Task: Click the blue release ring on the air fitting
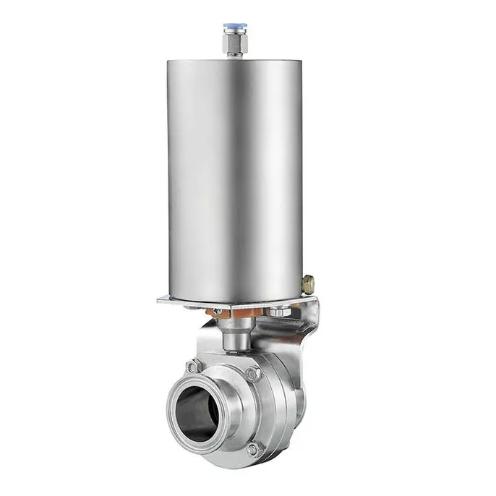[x=236, y=29]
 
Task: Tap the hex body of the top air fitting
[x=236, y=43]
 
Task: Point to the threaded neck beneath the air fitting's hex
[x=236, y=55]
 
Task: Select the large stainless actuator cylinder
[x=235, y=174]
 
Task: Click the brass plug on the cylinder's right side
[x=308, y=283]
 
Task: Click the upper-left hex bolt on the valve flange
[x=194, y=367]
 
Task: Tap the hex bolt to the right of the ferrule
[x=252, y=374]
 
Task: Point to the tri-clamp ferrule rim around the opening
[x=174, y=427]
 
